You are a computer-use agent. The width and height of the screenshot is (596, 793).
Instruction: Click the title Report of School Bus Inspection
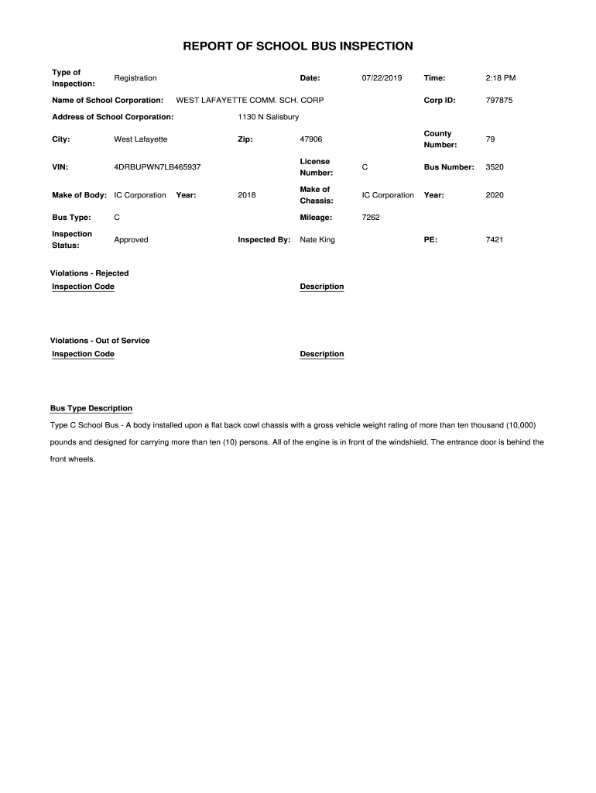coord(298,46)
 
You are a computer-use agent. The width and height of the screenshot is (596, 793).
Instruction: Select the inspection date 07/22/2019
coord(382,78)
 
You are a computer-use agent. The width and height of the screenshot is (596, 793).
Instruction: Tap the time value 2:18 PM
coord(500,78)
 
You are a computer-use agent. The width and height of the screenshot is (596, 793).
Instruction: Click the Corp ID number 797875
coord(499,101)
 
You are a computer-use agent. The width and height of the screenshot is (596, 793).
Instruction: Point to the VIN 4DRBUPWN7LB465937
coord(157,167)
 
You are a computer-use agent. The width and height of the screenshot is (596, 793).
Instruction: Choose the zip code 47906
coord(311,139)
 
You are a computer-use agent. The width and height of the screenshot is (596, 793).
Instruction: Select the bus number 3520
coord(495,167)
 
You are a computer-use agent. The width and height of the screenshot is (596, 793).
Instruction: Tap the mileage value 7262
coord(371,218)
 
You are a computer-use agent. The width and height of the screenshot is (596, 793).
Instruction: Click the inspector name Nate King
coord(317,240)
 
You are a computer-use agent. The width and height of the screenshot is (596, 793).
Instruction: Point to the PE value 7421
coord(495,240)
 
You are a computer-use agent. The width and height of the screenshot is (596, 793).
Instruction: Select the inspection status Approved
coord(131,240)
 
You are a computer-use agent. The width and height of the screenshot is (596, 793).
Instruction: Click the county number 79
coord(490,139)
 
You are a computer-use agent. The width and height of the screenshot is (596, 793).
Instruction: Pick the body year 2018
coord(247,195)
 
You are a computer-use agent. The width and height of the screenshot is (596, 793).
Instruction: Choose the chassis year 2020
coord(495,195)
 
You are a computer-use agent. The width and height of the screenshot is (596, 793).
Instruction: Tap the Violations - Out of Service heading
coord(100,341)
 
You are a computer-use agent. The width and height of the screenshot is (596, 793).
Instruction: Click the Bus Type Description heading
coord(91,408)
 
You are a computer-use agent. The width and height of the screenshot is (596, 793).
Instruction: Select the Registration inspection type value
coord(135,78)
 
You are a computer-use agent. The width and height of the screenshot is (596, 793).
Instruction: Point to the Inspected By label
coord(264,240)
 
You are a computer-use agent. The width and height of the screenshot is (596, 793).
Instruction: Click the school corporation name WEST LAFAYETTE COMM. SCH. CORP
coord(250,101)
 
